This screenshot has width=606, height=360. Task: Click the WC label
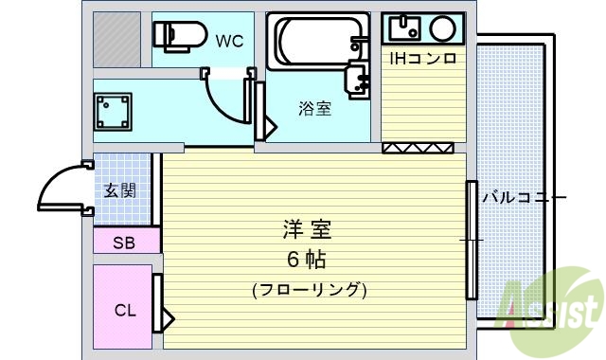click(x=230, y=41)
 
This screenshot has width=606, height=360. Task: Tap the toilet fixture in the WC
click(x=179, y=36)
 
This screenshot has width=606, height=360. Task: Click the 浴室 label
click(x=314, y=108)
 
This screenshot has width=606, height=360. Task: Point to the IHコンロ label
click(x=423, y=59)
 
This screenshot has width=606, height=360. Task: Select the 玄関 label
click(x=119, y=191)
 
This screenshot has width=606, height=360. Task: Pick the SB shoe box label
click(x=124, y=243)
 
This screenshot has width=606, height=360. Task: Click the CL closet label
click(x=124, y=310)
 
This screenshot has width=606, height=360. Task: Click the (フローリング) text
click(x=309, y=289)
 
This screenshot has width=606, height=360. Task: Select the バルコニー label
click(x=523, y=198)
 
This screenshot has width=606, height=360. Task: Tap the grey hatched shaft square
click(x=117, y=39)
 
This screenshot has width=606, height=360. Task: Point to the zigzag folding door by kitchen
click(x=418, y=147)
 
